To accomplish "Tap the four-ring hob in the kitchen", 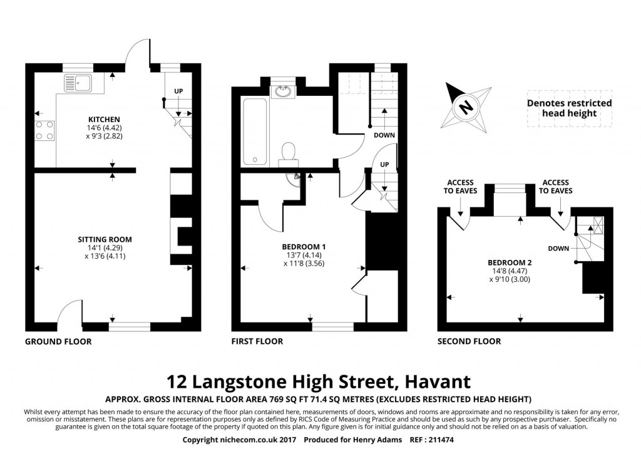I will click(x=44, y=130).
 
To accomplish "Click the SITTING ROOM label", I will click(x=105, y=239).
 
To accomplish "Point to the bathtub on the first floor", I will click(x=255, y=132).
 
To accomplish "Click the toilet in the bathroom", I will click(x=289, y=151).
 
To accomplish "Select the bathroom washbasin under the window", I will click(x=282, y=92).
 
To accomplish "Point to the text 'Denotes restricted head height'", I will click(x=569, y=108).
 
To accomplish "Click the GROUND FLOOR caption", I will click(x=58, y=341).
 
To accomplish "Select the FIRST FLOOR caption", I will click(x=257, y=341).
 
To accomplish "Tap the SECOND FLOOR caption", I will click(x=469, y=341).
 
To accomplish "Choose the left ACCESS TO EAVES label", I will click(x=460, y=187).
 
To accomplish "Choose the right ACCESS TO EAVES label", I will click(x=556, y=187).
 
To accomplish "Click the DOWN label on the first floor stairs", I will click(x=384, y=135).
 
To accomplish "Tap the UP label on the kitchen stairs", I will click(x=178, y=91).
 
